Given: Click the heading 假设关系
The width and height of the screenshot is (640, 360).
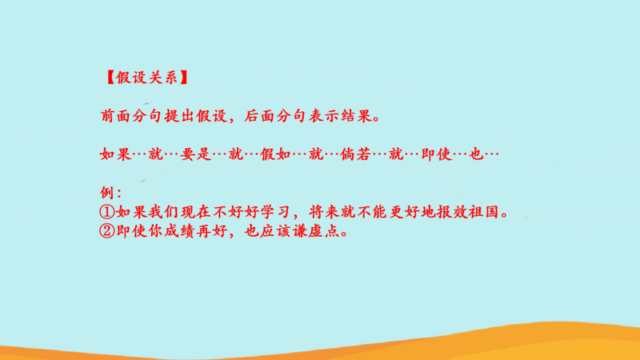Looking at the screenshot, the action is (x=147, y=77).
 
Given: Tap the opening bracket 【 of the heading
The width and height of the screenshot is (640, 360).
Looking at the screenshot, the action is (x=110, y=77).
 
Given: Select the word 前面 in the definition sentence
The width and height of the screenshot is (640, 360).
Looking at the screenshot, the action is (x=116, y=116).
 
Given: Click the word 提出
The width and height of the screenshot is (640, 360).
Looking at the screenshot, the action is (x=180, y=116).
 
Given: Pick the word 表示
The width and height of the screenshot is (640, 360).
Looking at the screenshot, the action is (x=324, y=116).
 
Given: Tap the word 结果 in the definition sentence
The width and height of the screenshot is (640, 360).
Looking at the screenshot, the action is (x=356, y=116).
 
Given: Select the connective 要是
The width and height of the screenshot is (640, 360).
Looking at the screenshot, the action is (x=196, y=154).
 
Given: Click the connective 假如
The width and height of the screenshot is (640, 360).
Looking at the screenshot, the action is (x=276, y=154).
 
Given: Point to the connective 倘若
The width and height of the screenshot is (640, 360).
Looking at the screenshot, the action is (x=356, y=154).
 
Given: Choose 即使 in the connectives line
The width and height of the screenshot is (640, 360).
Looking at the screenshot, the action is (x=436, y=154).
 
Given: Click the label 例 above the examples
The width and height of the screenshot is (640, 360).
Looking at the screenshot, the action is (x=107, y=193).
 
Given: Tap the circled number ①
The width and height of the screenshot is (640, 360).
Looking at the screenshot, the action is (x=107, y=212).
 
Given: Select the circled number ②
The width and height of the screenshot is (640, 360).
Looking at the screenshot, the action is (x=107, y=231).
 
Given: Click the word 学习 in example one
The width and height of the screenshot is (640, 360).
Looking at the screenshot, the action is (x=275, y=212).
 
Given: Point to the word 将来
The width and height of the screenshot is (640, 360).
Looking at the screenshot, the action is (x=324, y=212).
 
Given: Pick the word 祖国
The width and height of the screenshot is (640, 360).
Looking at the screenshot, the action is (x=484, y=212).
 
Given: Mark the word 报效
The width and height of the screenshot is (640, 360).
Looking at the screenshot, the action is (x=452, y=212).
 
